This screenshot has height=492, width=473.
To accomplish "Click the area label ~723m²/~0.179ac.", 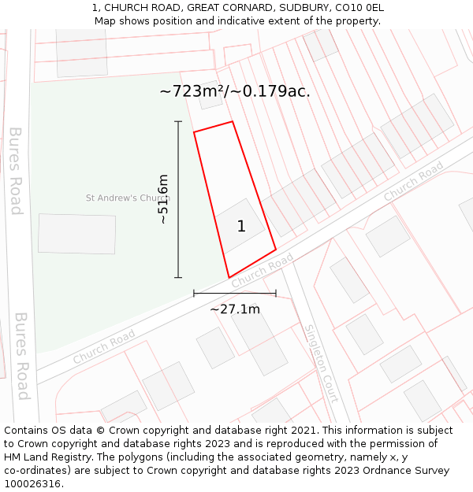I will click(235, 91).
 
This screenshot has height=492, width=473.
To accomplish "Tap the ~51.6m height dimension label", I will click(163, 199).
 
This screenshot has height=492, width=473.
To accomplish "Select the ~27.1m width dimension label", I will click(235, 309).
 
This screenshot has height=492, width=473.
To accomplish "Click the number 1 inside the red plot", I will click(241, 227).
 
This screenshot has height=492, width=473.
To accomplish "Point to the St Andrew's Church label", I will click(123, 198).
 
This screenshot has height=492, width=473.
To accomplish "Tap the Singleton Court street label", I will click(322, 364).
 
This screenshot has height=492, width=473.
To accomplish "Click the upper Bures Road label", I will click(16, 171).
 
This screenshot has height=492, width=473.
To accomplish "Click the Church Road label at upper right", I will click(414, 183).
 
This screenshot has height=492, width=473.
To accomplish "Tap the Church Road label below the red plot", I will click(263, 269).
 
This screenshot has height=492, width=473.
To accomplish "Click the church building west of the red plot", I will click(76, 234).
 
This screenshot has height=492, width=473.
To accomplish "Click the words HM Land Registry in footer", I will click(43, 457).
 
